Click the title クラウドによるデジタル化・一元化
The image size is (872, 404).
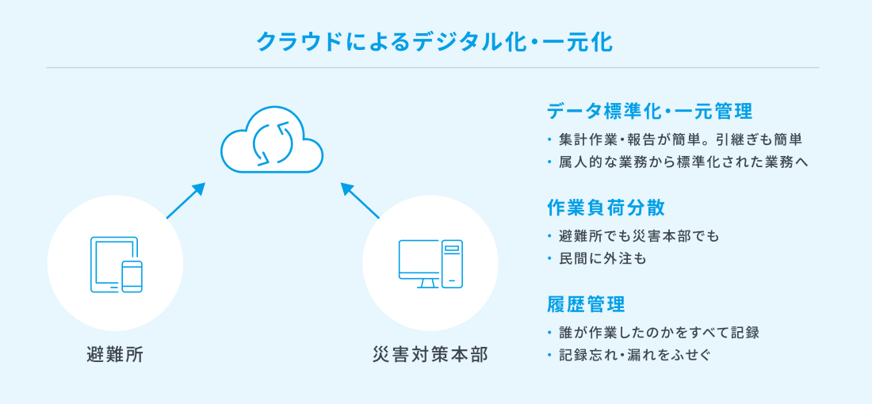[434, 42]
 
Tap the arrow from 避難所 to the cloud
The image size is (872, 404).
[185, 200]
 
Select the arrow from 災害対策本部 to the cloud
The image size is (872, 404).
[360, 200]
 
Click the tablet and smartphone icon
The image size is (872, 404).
[116, 265]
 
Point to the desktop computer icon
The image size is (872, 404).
[430, 264]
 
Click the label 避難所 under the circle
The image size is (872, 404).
[115, 354]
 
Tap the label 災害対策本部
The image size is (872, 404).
[430, 354]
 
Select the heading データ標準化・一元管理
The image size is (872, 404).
[649, 111]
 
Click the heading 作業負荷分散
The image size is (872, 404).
[606, 208]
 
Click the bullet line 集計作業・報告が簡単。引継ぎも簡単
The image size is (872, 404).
[681, 140]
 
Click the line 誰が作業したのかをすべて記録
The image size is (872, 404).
[659, 333]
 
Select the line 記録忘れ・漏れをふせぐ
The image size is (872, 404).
[635, 355]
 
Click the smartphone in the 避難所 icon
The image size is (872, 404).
[132, 276]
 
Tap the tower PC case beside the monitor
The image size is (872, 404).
[452, 264]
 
